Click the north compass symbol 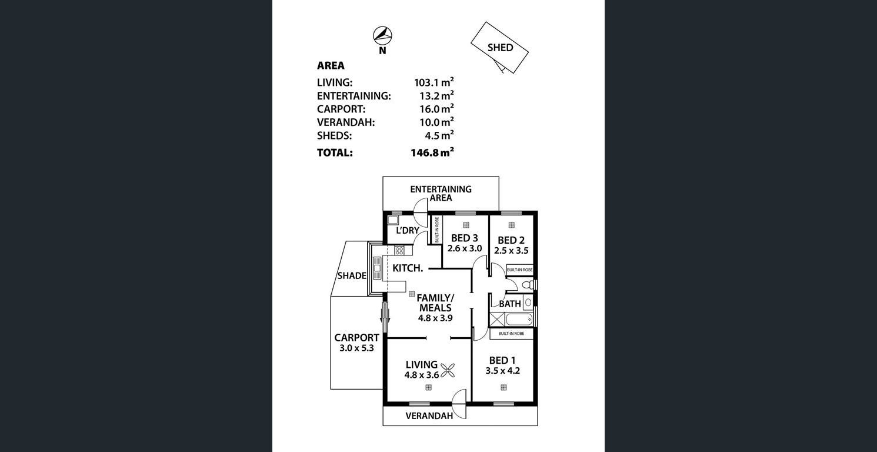[x=382, y=36]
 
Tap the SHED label [x=500, y=48]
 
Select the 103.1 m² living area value [x=434, y=82]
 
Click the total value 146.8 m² [x=432, y=152]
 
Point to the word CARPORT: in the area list [x=341, y=109]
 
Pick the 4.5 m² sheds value [x=439, y=135]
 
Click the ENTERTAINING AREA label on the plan [x=441, y=194]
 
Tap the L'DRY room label [x=408, y=230]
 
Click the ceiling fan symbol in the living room [x=448, y=370]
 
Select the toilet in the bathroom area [x=528, y=285]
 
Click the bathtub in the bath [x=519, y=320]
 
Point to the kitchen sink [x=377, y=268]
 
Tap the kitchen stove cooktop [x=399, y=250]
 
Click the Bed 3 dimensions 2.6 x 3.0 [x=465, y=248]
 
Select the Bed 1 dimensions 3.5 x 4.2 [x=503, y=371]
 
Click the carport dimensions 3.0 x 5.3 [x=356, y=348]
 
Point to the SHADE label [x=352, y=276]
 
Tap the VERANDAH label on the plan [x=429, y=416]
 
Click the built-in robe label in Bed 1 [x=511, y=334]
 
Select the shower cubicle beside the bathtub [x=497, y=319]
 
